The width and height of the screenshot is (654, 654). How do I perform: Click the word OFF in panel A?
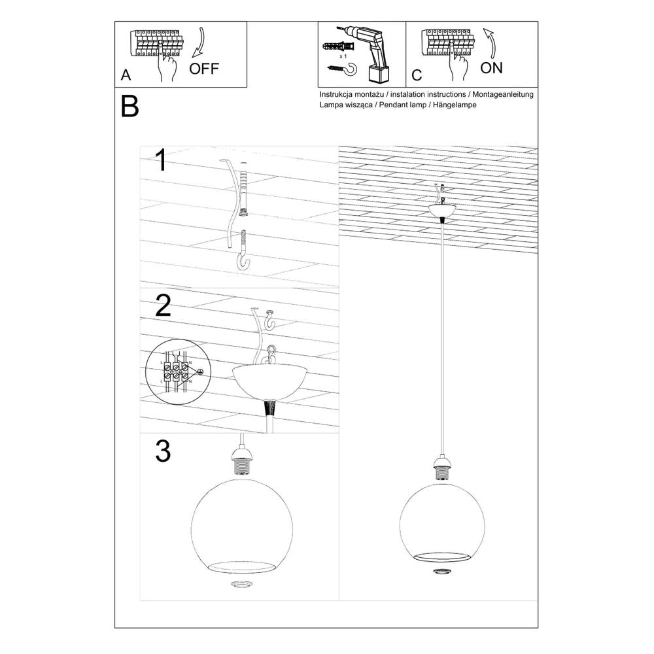coord(204,69)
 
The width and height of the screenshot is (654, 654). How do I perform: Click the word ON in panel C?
coord(491,67)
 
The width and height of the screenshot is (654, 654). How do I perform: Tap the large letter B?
coord(130,107)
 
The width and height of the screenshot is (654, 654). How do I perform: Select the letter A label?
coord(126,75)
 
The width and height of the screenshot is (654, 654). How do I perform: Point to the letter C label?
coord(417,75)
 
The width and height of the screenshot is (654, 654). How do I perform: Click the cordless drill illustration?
coord(368,52)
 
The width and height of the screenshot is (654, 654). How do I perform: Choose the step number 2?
coord(163,305)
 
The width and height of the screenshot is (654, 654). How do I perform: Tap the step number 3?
coord(163,451)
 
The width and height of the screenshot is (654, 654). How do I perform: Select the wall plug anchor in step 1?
coord(245,191)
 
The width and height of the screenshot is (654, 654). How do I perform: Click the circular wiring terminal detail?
coord(175,375)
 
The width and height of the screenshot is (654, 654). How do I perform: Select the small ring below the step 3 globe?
coord(242,583)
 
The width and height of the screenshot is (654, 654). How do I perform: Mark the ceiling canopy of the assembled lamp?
coord(443,211)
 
